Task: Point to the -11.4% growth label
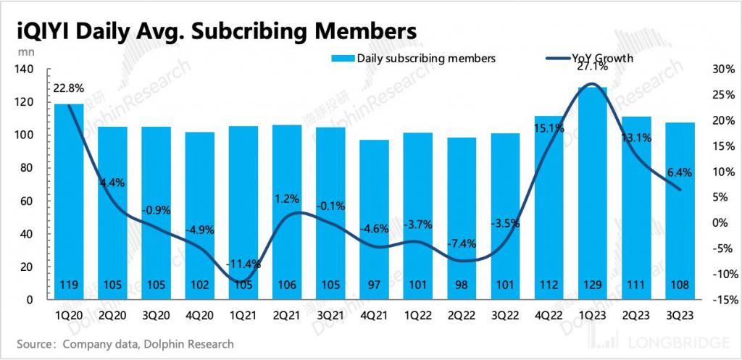click(243, 264)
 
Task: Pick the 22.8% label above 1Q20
click(69, 88)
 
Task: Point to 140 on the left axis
click(25, 70)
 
